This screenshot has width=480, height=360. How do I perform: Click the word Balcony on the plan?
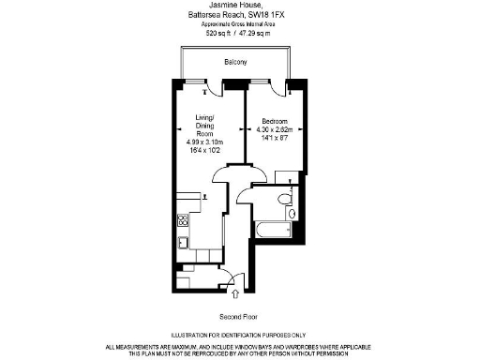tap(236, 63)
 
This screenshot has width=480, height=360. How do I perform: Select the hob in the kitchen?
tap(182, 221)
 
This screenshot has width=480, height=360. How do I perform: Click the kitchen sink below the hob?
tap(183, 244)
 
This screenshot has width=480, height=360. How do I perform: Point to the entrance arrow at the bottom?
tap(234, 296)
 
